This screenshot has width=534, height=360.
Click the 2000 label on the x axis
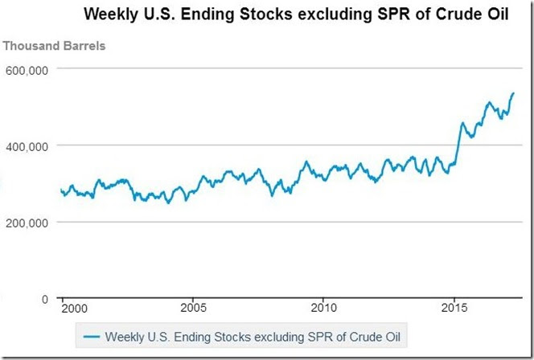tap(72, 308)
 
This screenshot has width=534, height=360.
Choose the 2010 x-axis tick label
tap(322, 308)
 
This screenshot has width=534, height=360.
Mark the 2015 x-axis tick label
tap(454, 308)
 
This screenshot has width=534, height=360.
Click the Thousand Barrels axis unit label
tap(54, 45)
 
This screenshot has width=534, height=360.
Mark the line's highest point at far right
tap(514, 93)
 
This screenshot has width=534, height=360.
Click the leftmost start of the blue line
tap(60, 190)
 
